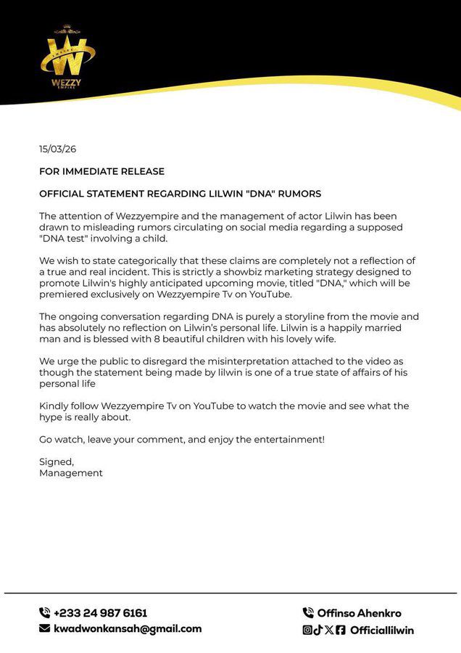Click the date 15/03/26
tap(57, 149)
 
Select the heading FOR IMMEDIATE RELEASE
tap(101, 172)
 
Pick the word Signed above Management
tap(56, 461)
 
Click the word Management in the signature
tap(71, 473)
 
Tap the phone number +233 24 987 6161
tap(100, 613)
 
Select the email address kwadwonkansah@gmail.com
tap(128, 629)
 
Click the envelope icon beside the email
tap(44, 629)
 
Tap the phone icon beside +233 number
tap(44, 613)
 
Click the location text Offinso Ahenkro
tap(360, 613)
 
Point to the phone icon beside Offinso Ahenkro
tap(308, 613)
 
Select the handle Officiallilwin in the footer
tap(382, 630)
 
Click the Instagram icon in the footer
tap(307, 630)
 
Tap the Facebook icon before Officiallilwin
tap(341, 630)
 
